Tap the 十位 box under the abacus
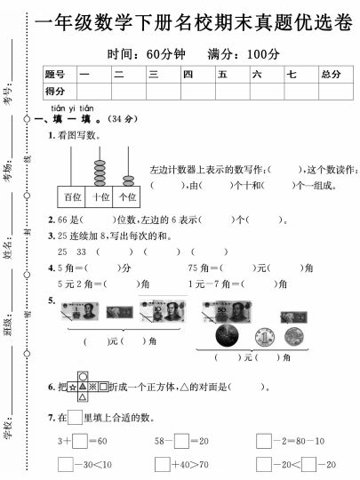pos(100,196)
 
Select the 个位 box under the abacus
pos(128,196)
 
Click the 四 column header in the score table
pos(188,74)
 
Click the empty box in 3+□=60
pos(80,440)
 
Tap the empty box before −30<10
pos(65,464)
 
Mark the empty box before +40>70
pos(162,464)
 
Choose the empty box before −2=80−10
pos(264,440)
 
